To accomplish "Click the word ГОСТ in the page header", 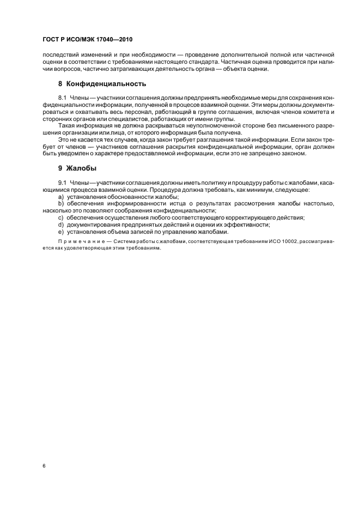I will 51,40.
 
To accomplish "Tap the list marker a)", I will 61,196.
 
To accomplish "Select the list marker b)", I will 61,203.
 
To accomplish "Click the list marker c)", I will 61,217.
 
